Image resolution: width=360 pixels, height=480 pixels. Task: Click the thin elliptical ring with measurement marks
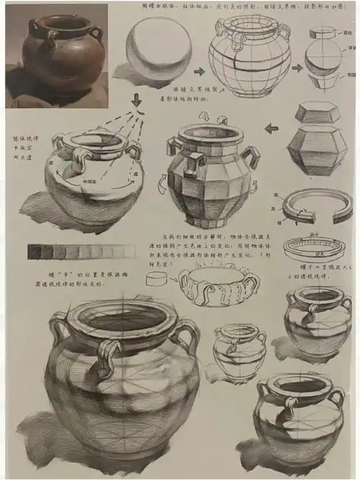(312, 248)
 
